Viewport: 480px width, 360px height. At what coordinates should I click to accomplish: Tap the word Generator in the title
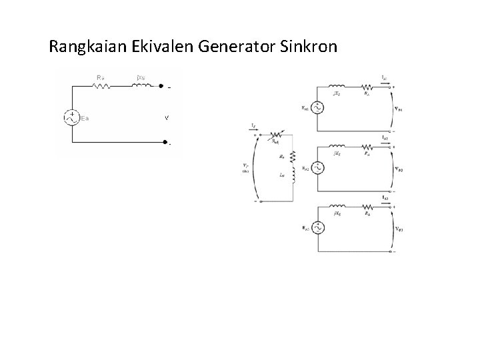[x=247, y=47]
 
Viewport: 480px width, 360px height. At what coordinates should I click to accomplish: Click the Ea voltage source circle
[x=70, y=117]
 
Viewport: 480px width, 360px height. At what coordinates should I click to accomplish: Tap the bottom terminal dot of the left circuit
[x=165, y=142]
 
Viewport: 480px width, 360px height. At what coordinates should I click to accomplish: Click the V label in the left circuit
[x=166, y=118]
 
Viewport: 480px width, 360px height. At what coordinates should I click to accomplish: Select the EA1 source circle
[x=317, y=107]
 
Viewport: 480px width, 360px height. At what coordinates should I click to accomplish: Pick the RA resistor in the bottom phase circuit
[x=367, y=206]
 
